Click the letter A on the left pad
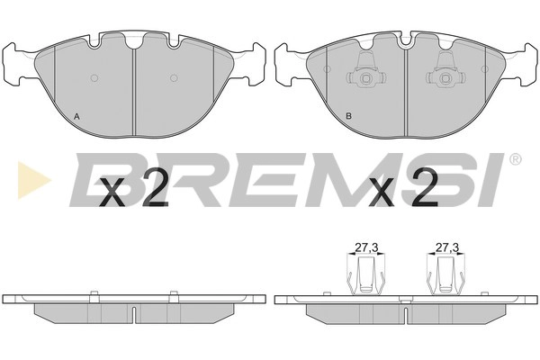(x=77, y=117)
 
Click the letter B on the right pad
(x=349, y=116)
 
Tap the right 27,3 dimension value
(x=447, y=247)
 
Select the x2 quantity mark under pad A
(x=133, y=188)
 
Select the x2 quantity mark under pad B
(x=403, y=188)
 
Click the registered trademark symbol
(x=515, y=159)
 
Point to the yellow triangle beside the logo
(x=34, y=180)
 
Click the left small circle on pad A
(x=94, y=78)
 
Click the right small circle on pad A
(x=174, y=78)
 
